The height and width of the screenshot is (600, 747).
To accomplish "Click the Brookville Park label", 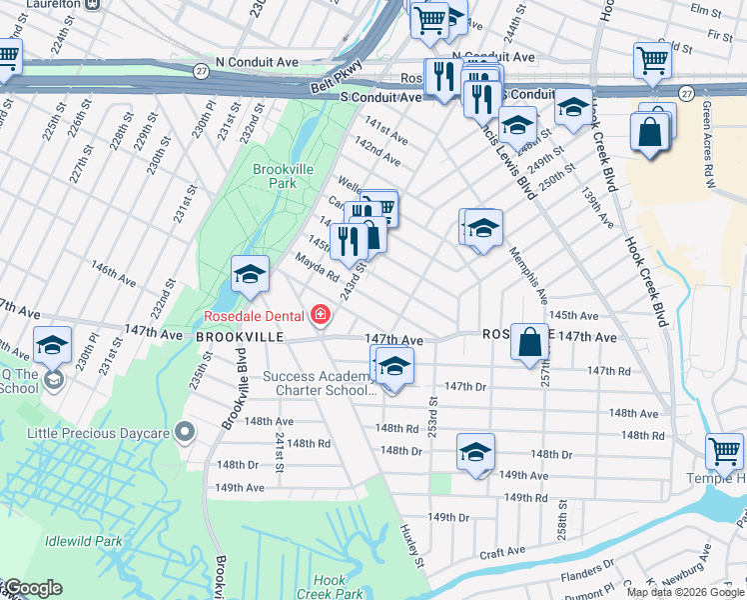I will [x=277, y=177].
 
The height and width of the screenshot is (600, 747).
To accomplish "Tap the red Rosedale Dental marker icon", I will [x=320, y=316].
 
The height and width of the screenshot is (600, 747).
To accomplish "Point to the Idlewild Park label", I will [x=84, y=541].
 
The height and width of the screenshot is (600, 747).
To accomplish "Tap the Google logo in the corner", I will [x=32, y=588].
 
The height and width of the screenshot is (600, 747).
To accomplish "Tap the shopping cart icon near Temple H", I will [x=724, y=451].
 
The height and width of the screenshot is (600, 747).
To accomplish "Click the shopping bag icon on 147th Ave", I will [x=530, y=342].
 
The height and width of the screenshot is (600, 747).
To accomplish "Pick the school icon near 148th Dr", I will [x=475, y=452].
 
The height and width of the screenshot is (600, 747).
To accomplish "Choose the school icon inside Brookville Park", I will [x=250, y=275].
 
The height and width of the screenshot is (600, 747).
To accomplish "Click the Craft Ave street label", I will [x=501, y=551].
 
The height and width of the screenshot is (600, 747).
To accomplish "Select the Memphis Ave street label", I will [x=528, y=277].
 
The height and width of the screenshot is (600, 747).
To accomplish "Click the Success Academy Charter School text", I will [x=317, y=384].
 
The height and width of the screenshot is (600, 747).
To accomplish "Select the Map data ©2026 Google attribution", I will [x=684, y=592].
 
